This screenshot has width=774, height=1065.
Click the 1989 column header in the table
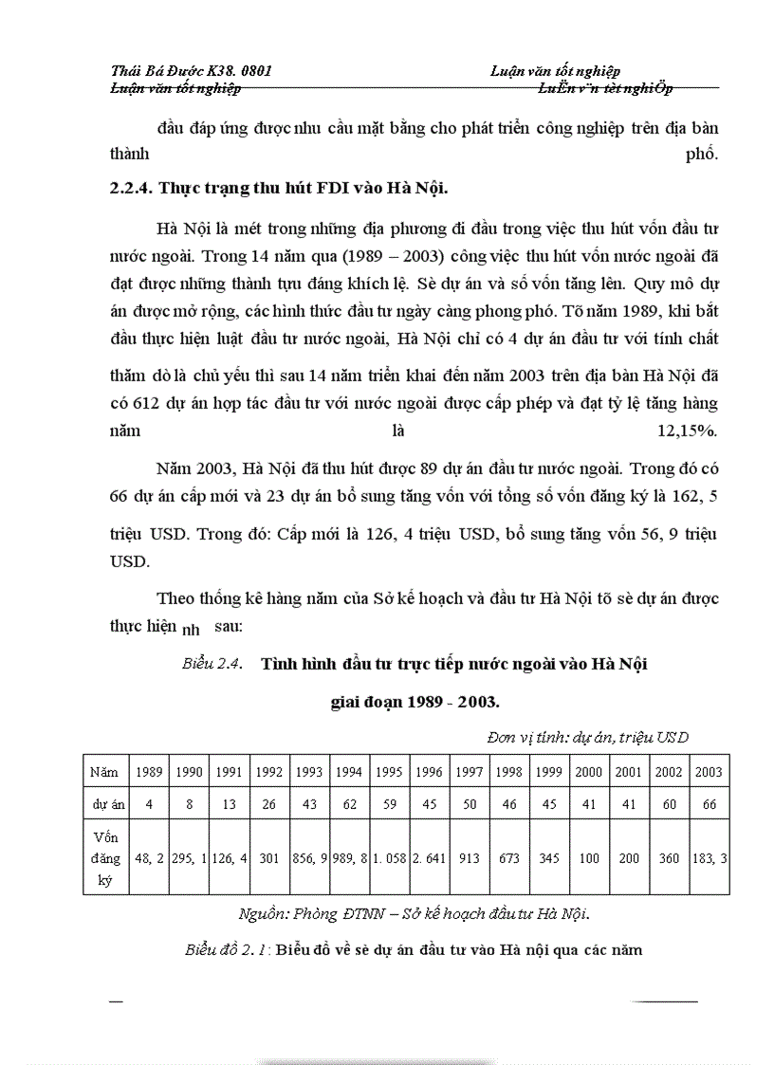150,772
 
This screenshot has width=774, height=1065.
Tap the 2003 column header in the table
708,772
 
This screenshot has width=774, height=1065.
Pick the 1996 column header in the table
430,772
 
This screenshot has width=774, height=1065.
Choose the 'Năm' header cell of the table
104,772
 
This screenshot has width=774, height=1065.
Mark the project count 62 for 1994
350,804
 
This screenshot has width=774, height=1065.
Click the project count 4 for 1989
150,804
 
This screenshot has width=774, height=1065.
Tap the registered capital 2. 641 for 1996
430,859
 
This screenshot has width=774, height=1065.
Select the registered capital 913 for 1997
470,859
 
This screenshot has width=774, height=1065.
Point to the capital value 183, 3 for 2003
708,859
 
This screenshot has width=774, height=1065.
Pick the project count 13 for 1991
230,804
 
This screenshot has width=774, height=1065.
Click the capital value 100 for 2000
589,859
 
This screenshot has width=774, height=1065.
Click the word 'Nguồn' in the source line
263,914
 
